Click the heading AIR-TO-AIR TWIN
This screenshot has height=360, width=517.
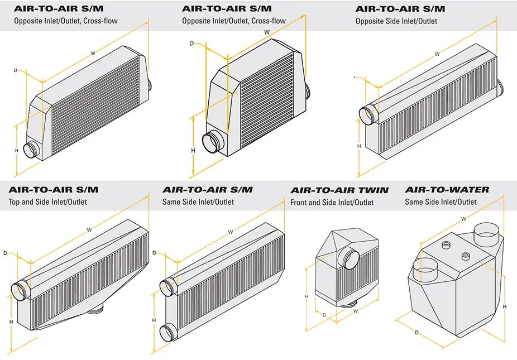pyautogui.click(x=339, y=190)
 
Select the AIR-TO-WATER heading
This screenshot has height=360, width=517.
pyautogui.click(x=447, y=190)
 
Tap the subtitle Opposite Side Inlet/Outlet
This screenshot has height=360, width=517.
pyautogui.click(x=396, y=21)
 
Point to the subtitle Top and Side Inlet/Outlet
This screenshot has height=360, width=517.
pyautogui.click(x=48, y=202)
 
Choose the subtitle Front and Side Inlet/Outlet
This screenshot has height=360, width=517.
pyautogui.click(x=332, y=203)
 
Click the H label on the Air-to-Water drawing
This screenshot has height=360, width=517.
pyautogui.click(x=505, y=307)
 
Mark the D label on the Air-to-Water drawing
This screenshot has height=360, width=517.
pyautogui.click(x=417, y=333)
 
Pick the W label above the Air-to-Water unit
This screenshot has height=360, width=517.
pyautogui.click(x=463, y=218)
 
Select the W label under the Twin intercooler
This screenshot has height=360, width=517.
pyautogui.click(x=356, y=311)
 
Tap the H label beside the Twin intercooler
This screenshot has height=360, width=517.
pyautogui.click(x=306, y=296)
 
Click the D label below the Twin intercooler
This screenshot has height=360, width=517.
pyautogui.click(x=324, y=315)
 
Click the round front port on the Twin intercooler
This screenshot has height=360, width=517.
pyautogui.click(x=350, y=258)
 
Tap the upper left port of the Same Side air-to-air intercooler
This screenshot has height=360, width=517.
pyautogui.click(x=168, y=287)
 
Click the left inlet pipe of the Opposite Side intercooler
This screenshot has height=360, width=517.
pyautogui.click(x=368, y=115)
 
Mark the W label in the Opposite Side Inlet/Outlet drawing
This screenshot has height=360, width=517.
pyautogui.click(x=437, y=54)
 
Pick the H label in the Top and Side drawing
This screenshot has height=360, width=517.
pyautogui.click(x=11, y=322)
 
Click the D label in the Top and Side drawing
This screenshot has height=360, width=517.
pyautogui.click(x=5, y=253)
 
